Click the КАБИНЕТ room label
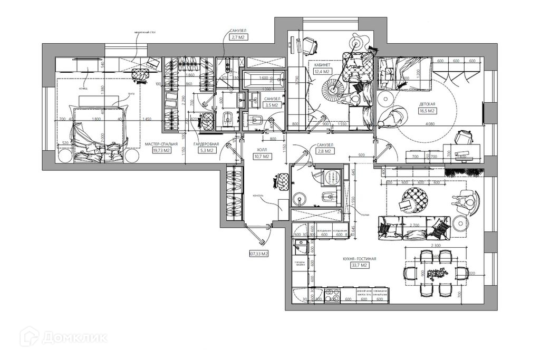(x=322, y=65)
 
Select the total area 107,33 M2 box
(x=258, y=254)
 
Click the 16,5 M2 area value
(x=427, y=111)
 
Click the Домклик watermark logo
(x=63, y=337)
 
